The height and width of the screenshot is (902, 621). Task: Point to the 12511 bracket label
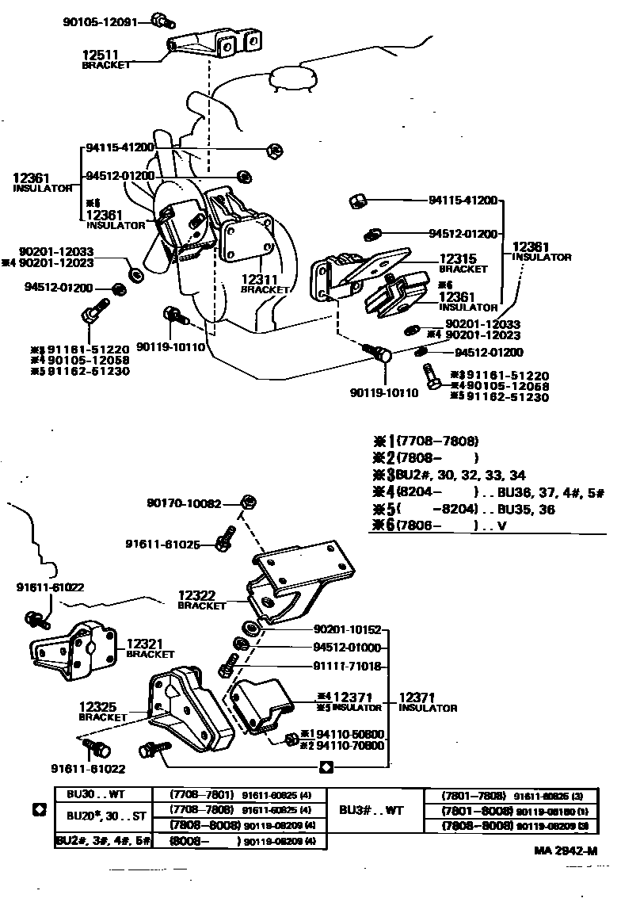click(105, 59)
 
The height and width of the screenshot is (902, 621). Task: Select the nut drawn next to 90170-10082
click(246, 501)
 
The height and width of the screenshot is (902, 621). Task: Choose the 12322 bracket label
click(201, 599)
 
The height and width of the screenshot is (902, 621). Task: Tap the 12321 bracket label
click(150, 649)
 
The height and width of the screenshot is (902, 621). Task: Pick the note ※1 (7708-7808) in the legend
click(425, 441)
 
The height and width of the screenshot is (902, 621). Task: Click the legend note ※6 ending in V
click(439, 526)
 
